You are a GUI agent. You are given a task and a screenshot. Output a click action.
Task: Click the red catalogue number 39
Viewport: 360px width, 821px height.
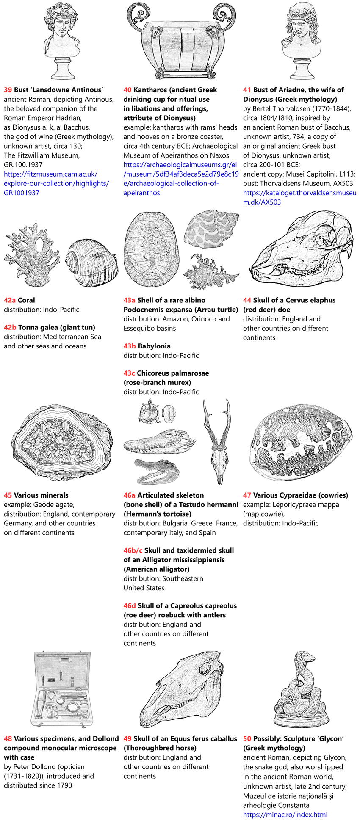tap(8, 90)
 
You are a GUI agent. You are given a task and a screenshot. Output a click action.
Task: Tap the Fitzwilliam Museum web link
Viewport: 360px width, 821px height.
tap(56, 183)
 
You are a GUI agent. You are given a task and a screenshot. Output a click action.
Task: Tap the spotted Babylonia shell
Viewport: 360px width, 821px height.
tap(211, 230)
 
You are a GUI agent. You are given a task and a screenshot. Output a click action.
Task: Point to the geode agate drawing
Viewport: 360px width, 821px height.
tap(62, 442)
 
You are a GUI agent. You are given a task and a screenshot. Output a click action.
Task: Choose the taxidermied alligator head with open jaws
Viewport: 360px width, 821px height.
tap(157, 471)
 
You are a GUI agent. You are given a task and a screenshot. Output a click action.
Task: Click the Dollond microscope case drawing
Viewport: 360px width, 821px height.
tap(62, 688)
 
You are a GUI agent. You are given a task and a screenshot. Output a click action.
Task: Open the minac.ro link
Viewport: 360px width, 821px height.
tap(285, 815)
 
